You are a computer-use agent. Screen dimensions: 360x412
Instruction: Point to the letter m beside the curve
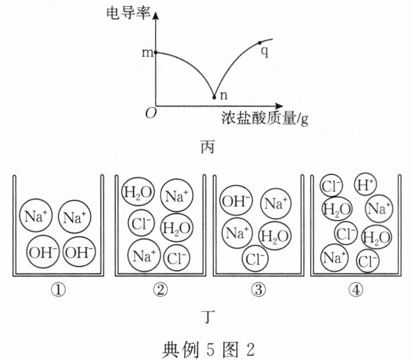(x=146, y=53)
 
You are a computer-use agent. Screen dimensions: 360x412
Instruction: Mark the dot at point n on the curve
(x=215, y=97)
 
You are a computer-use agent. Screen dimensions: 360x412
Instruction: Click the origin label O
(x=150, y=113)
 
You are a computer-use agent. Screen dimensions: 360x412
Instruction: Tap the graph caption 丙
(x=207, y=147)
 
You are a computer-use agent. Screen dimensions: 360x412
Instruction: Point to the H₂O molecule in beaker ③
(x=274, y=235)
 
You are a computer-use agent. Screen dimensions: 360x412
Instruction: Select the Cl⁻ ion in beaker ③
(x=255, y=258)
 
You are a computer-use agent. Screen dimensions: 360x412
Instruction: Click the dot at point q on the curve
(x=261, y=43)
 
